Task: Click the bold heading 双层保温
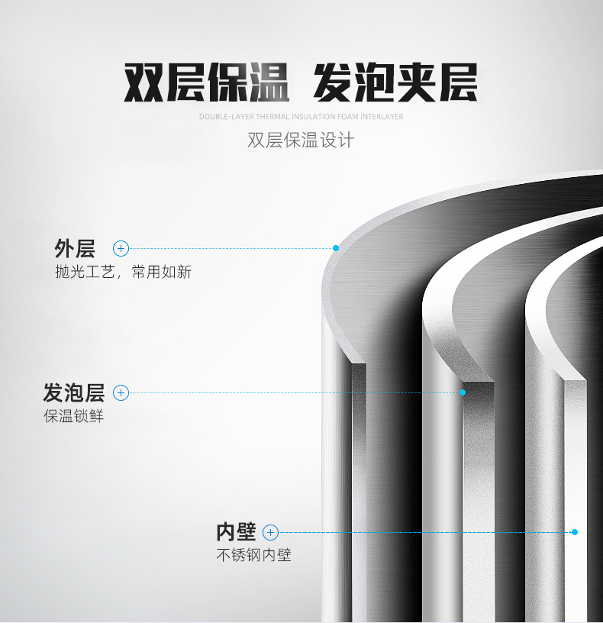click(206, 83)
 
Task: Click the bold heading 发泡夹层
click(395, 83)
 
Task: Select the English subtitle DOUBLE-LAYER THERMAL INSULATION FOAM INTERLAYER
click(301, 117)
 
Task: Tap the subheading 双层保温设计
click(301, 140)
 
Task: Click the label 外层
click(74, 248)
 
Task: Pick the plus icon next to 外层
click(121, 248)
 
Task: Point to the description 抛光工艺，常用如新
click(123, 272)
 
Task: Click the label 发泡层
click(73, 393)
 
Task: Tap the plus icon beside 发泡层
click(121, 393)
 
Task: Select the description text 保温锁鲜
click(73, 417)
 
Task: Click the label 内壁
click(235, 532)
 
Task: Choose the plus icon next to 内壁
click(270, 532)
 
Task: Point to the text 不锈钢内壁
click(253, 555)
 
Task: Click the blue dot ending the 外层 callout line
click(335, 248)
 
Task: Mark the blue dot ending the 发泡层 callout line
click(463, 392)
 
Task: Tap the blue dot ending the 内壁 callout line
click(575, 532)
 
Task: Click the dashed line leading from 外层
click(229, 248)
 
